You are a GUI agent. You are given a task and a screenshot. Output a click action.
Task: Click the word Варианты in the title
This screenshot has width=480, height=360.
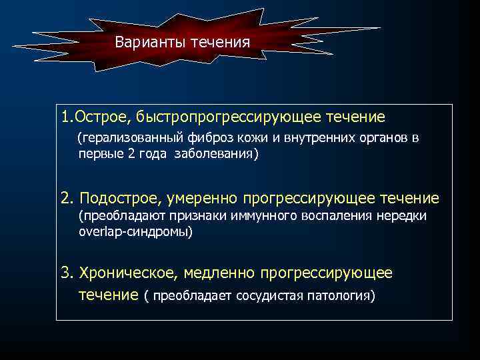150,43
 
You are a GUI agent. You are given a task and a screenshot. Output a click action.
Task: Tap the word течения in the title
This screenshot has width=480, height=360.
220,43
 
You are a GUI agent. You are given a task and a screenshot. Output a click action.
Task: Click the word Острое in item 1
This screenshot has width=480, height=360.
101,118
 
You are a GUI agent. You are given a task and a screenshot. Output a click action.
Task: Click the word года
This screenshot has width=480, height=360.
155,153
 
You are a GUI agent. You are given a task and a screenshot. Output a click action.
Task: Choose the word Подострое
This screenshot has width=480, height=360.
115,198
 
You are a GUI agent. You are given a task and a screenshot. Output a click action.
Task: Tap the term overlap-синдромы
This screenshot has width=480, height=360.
135,231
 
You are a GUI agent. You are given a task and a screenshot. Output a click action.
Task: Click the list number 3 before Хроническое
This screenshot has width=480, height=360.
65,273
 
